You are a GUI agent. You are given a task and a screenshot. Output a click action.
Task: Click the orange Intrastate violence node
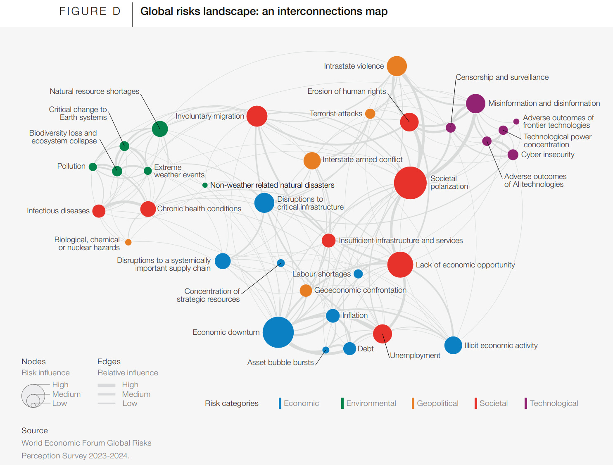pos(397,66)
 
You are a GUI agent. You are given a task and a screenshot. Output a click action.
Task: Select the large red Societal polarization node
pos(410,183)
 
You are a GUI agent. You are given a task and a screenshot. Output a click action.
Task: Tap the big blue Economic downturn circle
pos(278,332)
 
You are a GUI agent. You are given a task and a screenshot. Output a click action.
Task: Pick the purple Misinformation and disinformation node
pos(475,103)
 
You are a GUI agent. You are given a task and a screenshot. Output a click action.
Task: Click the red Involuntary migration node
pos(257,116)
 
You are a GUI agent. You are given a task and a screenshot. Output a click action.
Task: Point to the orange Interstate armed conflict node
pos(312,161)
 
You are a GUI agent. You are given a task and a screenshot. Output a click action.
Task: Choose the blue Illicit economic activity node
pos(453,346)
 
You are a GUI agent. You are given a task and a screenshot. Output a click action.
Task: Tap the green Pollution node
pos(93,167)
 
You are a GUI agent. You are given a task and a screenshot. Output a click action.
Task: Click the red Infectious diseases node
pos(99,211)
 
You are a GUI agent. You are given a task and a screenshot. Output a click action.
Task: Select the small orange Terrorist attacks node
pos(370,114)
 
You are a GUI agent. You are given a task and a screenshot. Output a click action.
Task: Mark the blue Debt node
pos(349,348)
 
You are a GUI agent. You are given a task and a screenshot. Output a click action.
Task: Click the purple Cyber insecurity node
pos(513,155)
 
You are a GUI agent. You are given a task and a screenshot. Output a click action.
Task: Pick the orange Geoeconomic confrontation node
pos(306,291)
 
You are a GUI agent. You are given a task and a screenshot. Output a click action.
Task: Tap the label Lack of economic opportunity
pos(465,265)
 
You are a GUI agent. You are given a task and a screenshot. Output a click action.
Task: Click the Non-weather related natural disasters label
pos(272,185)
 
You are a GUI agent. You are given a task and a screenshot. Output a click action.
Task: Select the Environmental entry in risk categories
pos(371,403)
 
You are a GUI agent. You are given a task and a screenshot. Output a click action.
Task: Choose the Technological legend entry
pos(554,403)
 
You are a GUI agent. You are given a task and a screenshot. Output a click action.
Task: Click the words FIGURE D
pos(90,12)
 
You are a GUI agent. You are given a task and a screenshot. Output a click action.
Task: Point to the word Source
pos(35,431)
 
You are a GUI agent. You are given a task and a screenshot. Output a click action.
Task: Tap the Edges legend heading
pos(109,362)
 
